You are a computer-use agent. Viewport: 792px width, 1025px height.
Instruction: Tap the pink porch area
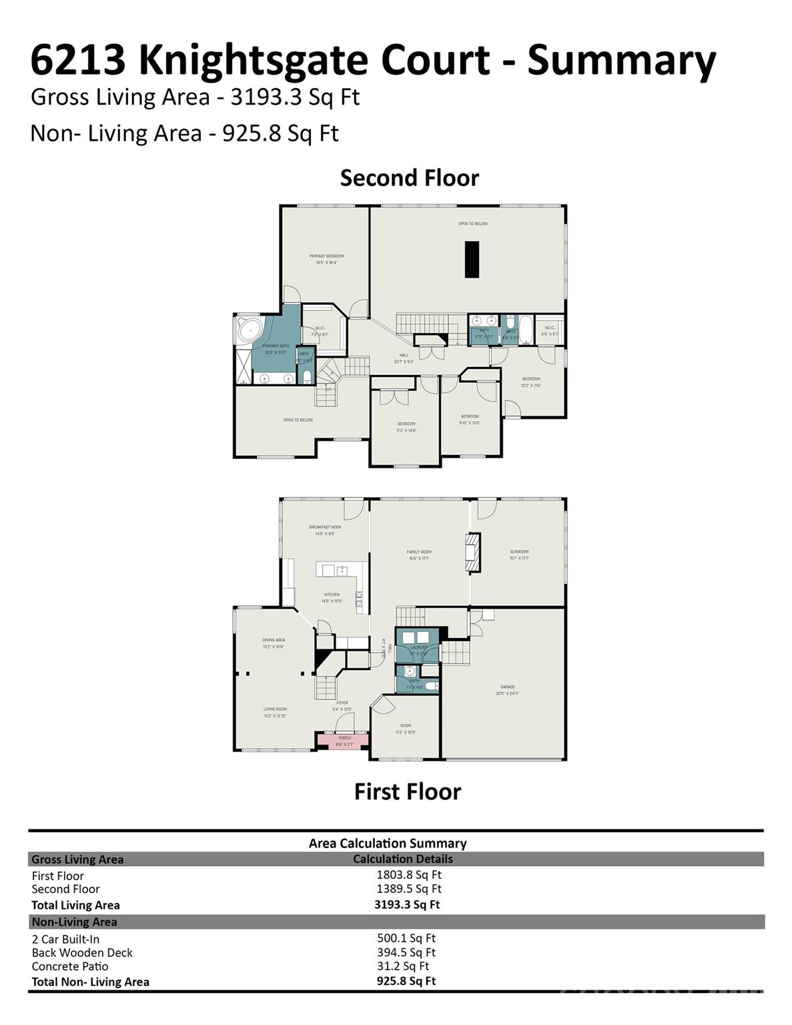coord(344,740)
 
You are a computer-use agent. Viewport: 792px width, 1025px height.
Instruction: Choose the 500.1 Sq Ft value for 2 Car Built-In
coord(406,938)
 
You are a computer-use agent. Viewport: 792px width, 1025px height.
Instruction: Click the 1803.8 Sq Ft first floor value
coord(408,874)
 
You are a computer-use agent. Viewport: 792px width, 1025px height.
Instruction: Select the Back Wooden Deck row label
coord(82,952)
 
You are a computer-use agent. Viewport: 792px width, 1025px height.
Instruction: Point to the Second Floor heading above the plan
coord(409,178)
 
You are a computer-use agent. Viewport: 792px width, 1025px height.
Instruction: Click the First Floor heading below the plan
coord(407,791)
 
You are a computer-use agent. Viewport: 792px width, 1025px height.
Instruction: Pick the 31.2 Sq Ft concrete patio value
coord(402,966)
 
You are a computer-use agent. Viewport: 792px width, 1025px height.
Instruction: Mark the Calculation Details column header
coord(402,859)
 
